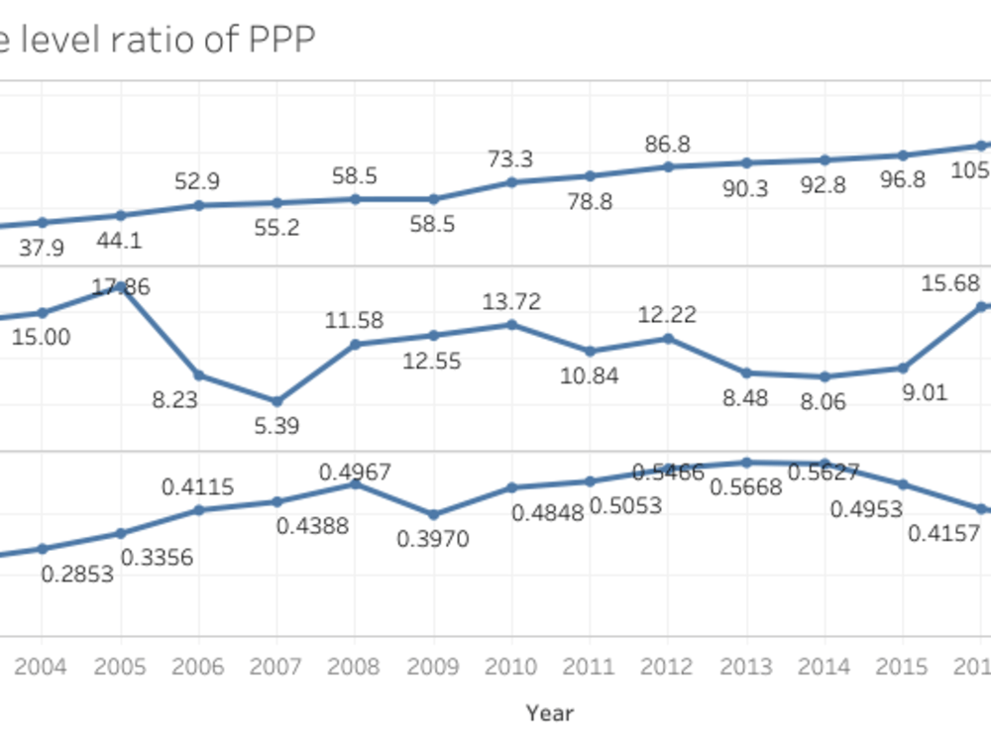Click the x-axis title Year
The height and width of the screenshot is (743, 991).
click(550, 711)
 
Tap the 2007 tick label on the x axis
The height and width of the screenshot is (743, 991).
click(276, 665)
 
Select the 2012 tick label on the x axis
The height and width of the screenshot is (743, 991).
click(668, 665)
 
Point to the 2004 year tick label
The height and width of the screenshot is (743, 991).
click(42, 665)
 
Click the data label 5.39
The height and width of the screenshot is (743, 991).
click(276, 426)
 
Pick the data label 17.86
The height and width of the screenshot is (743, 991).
click(122, 287)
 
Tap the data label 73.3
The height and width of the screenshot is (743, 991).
click(511, 159)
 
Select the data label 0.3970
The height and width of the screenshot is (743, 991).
click(432, 539)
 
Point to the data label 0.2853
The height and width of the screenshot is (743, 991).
click(77, 574)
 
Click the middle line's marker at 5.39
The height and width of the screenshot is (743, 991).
click(276, 401)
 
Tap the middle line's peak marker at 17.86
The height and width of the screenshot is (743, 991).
click(121, 287)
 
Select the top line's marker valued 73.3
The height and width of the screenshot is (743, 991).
click(511, 182)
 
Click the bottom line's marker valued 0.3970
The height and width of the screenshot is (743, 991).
click(433, 514)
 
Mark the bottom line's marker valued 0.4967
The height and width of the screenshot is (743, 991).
click(355, 483)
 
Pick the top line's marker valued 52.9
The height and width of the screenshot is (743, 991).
click(198, 205)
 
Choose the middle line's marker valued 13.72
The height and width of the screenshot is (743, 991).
click(511, 324)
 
